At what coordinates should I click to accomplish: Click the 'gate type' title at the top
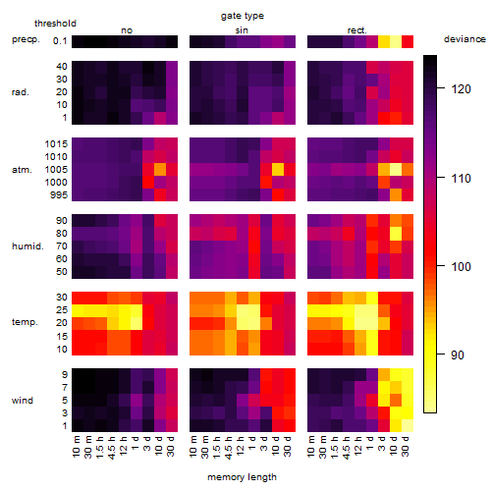pyautogui.click(x=243, y=16)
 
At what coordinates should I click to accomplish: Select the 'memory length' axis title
pyautogui.click(x=243, y=477)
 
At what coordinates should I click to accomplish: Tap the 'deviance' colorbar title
pyautogui.click(x=464, y=39)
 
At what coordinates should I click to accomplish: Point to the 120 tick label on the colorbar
pyautogui.click(x=461, y=88)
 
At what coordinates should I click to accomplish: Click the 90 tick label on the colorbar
pyautogui.click(x=457, y=355)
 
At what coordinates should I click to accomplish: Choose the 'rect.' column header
pyautogui.click(x=356, y=30)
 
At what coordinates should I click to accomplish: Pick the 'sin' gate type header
pyautogui.click(x=242, y=30)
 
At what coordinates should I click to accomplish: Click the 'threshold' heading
pyautogui.click(x=55, y=24)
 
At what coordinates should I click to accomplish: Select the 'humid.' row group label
pyautogui.click(x=27, y=246)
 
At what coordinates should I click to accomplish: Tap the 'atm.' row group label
pyautogui.click(x=22, y=170)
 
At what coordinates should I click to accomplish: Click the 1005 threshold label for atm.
pyautogui.click(x=56, y=170)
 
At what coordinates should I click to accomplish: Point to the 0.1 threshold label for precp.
pyautogui.click(x=60, y=41)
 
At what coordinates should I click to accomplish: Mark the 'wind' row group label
pyautogui.click(x=23, y=401)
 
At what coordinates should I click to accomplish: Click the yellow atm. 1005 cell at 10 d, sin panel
pyautogui.click(x=278, y=170)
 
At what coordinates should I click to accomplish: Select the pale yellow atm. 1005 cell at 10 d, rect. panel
pyautogui.click(x=396, y=170)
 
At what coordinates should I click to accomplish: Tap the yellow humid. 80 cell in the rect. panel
pyautogui.click(x=396, y=234)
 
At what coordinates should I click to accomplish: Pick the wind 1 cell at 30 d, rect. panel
pyautogui.click(x=408, y=425)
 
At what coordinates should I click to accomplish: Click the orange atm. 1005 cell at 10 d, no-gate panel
pyautogui.click(x=160, y=170)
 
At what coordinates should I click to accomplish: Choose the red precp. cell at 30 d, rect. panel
pyautogui.click(x=408, y=41)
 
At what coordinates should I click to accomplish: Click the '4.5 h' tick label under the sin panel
pyautogui.click(x=229, y=448)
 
